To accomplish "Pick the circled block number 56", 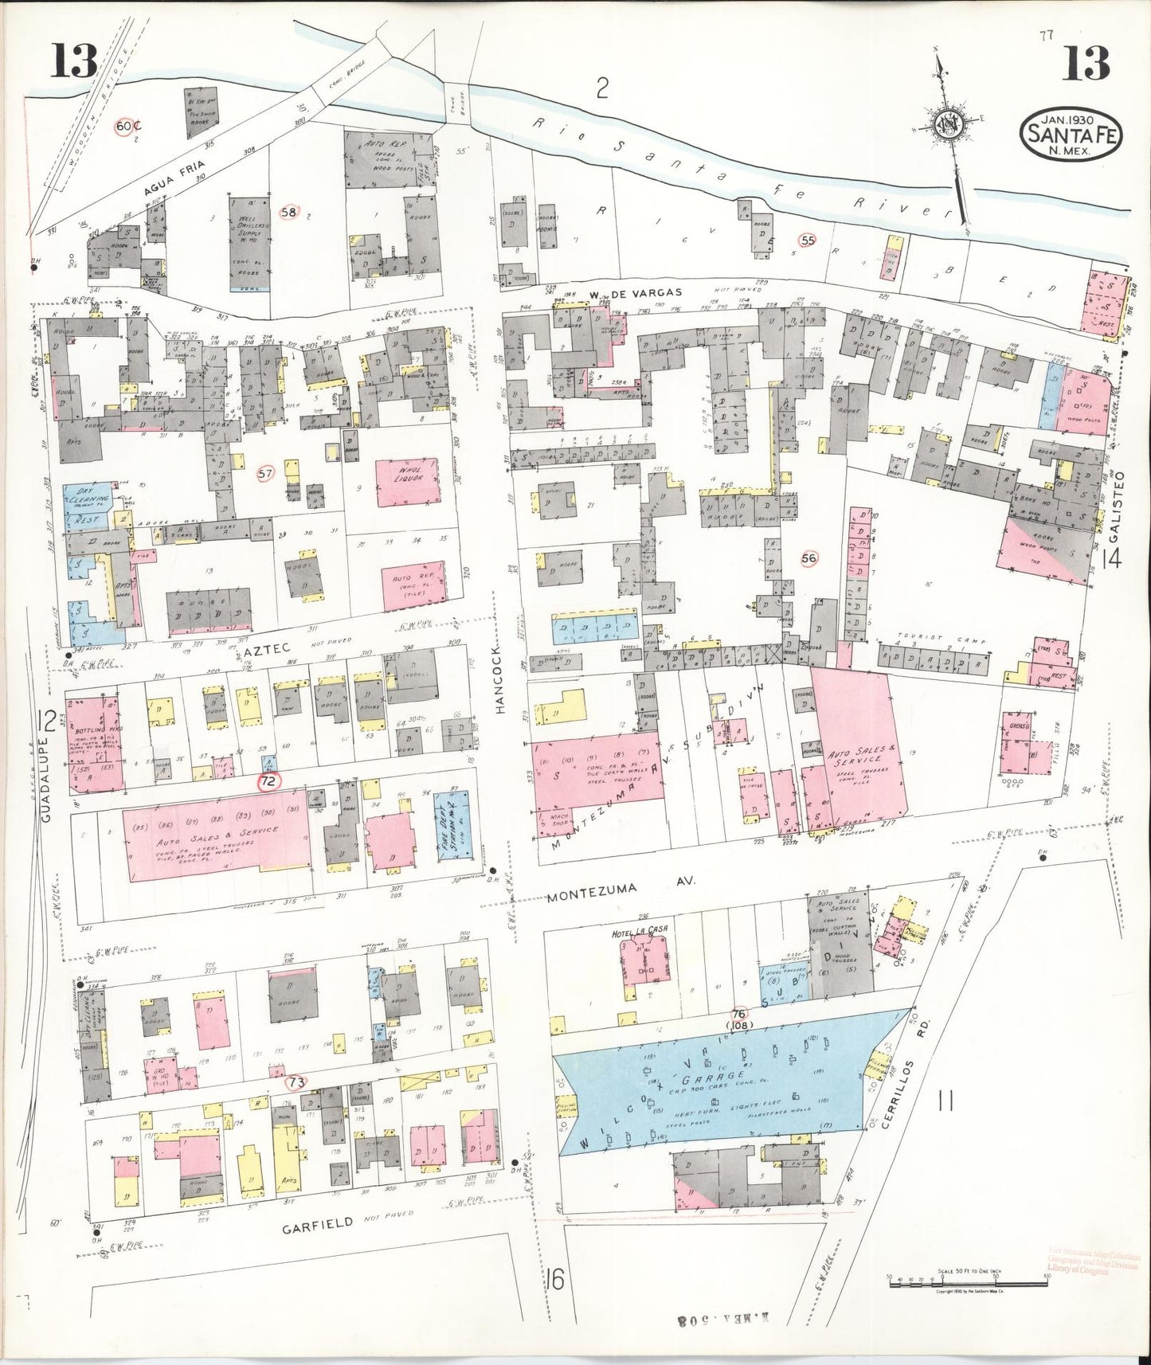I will click(x=809, y=558).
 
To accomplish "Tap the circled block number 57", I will click(x=265, y=474).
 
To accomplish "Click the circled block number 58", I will click(x=288, y=212).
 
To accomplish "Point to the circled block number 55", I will click(x=809, y=240).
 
